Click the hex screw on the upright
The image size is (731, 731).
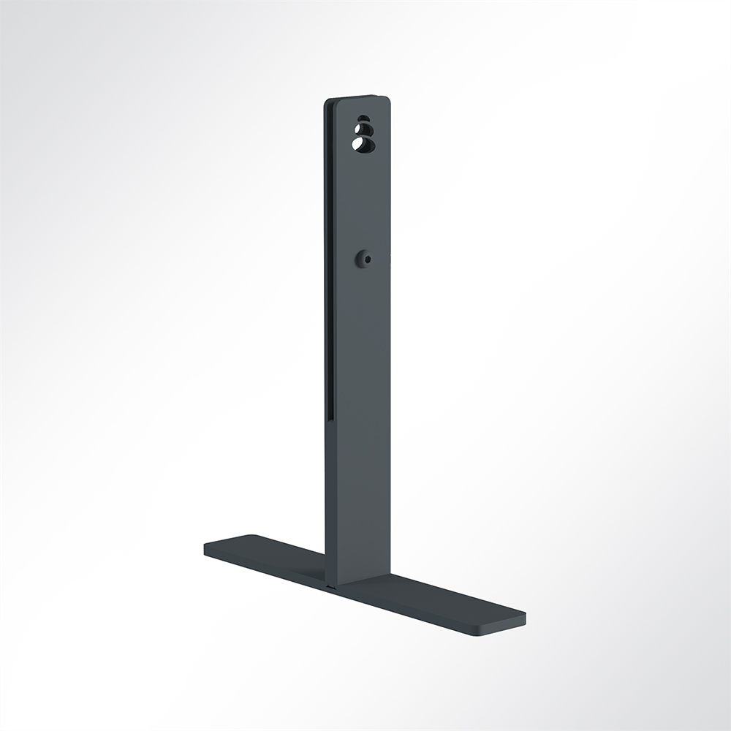tap(363, 258)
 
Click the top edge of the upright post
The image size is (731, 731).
tap(358, 97)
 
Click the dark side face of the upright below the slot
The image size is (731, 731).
tap(330, 497)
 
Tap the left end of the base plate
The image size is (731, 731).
tap(207, 547)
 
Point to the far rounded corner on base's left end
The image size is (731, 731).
tap(252, 537)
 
